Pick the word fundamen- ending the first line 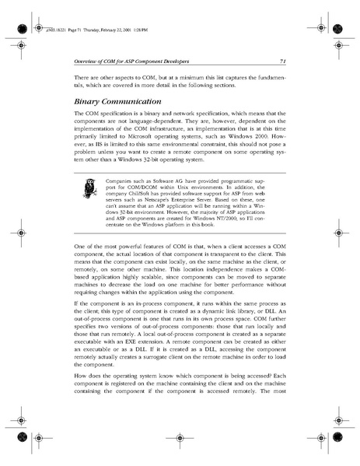pos(272,78)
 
